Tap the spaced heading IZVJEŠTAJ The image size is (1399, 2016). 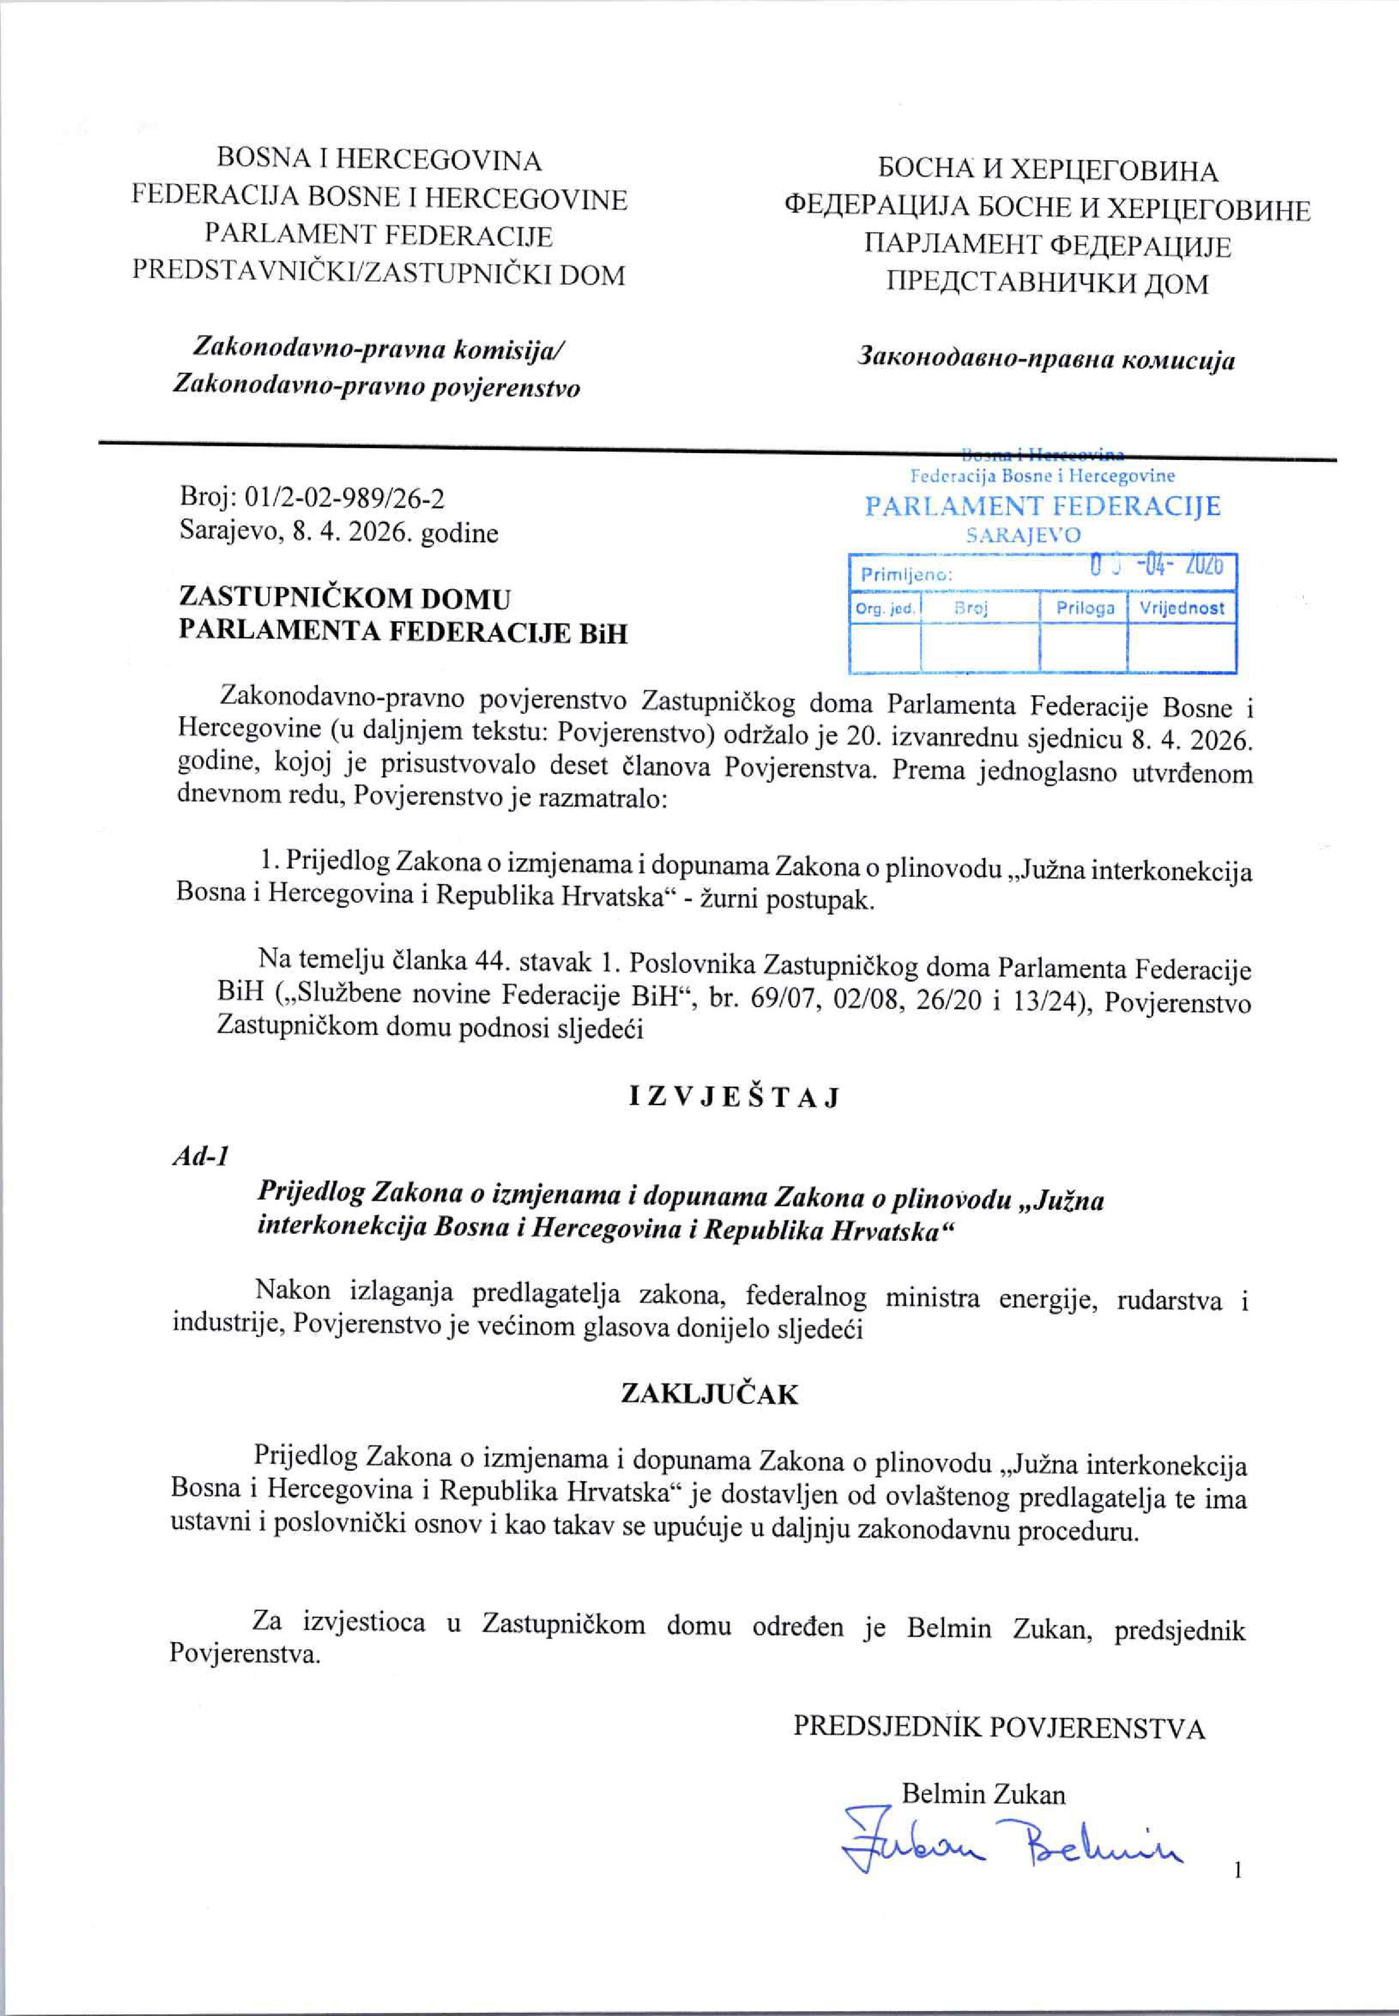click(734, 1098)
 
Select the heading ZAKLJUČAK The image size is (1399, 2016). click(709, 1394)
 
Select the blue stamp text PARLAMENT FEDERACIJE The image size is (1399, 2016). click(1042, 507)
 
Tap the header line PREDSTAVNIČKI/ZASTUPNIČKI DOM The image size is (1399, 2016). click(379, 275)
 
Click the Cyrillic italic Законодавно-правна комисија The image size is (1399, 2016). click(1047, 359)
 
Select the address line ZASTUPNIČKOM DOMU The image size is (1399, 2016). click(344, 599)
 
